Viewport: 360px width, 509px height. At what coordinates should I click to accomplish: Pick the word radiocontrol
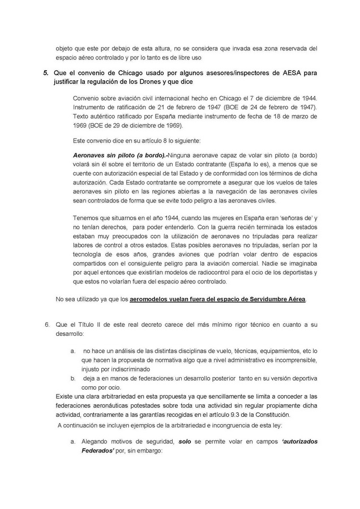pyautogui.click(x=206, y=273)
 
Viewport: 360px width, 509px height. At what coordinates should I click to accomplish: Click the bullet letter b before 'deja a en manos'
pyautogui.click(x=73, y=378)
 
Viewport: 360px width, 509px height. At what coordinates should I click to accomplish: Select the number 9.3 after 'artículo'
pyautogui.click(x=232, y=415)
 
